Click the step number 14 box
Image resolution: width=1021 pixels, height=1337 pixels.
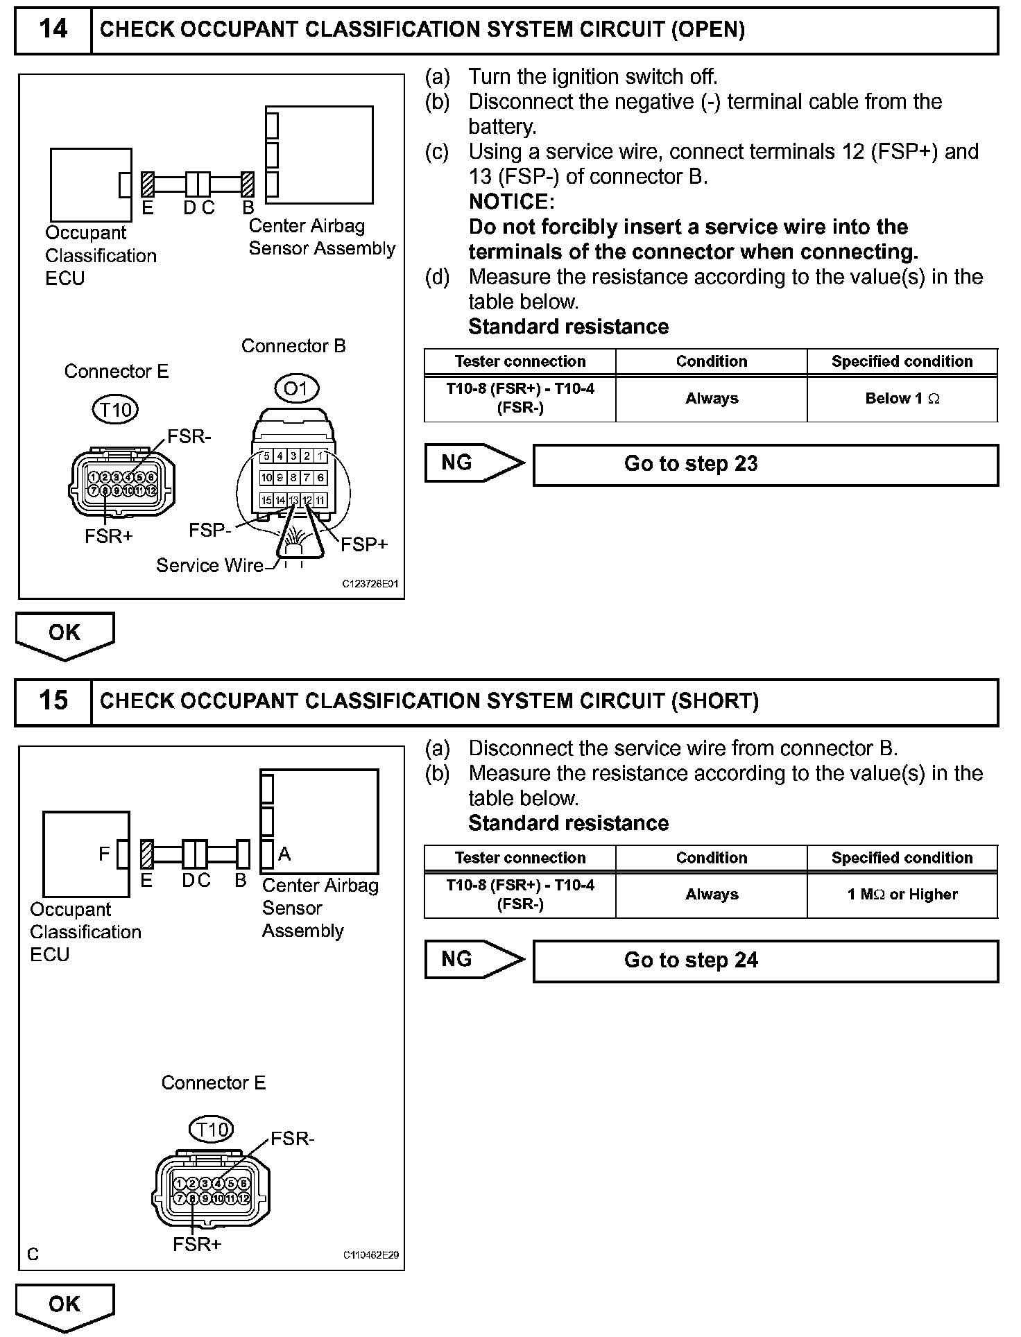53,30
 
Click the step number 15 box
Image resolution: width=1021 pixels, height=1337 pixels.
53,700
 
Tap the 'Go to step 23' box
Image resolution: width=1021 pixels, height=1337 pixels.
765,464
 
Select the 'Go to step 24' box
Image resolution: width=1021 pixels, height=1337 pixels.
765,960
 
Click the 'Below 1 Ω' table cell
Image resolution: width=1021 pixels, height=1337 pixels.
902,399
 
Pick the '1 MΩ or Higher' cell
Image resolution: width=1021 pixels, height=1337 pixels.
902,895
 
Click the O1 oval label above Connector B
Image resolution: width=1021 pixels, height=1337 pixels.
296,388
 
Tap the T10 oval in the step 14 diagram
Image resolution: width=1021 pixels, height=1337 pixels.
115,410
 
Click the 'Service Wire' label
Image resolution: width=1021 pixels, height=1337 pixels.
209,566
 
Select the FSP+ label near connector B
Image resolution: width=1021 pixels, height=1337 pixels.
363,545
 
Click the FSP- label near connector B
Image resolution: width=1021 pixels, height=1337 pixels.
209,531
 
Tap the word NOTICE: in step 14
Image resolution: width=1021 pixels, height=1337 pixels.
512,202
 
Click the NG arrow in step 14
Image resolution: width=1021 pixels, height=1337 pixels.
474,463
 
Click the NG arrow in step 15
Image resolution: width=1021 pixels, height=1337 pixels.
474,959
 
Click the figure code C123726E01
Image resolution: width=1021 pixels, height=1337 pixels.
370,585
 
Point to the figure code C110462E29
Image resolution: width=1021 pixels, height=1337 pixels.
370,1254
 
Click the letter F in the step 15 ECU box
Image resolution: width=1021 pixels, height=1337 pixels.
104,854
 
